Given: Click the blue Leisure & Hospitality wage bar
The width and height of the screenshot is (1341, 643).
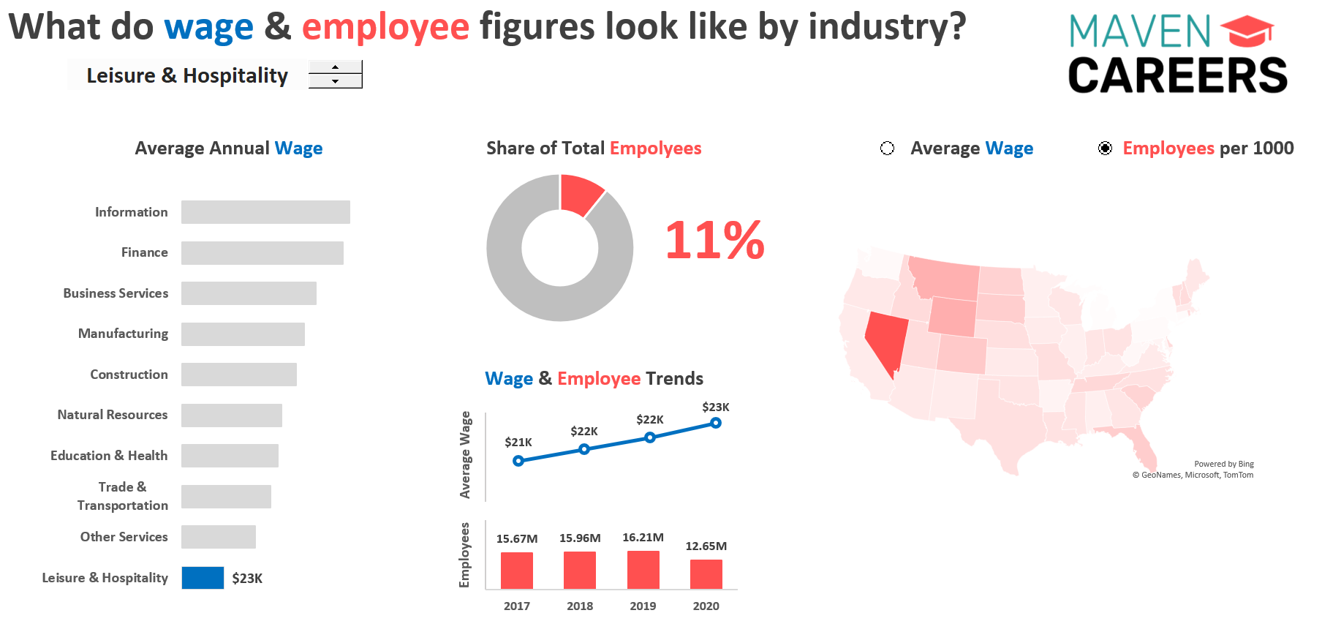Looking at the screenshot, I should tap(203, 578).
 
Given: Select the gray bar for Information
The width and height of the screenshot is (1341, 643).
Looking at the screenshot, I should tap(265, 212).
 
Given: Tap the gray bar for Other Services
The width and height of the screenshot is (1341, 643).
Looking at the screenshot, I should tap(219, 537).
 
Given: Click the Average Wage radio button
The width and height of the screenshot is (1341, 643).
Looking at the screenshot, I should tap(887, 148).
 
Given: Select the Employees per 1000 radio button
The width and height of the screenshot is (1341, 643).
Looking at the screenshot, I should tap(1105, 148).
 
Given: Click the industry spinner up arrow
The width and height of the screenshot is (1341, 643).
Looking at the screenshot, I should tap(335, 67).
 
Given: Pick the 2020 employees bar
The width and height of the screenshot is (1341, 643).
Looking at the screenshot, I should tap(706, 574).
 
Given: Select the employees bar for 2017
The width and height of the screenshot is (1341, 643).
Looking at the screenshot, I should tap(517, 571).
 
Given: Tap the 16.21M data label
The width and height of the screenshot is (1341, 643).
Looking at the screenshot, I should tap(643, 538).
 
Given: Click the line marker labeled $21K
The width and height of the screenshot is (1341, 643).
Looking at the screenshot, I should tap(518, 461).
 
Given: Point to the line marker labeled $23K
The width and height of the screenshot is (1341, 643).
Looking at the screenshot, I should tap(716, 423).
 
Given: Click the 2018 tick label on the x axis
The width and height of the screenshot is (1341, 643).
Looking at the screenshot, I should tap(580, 606).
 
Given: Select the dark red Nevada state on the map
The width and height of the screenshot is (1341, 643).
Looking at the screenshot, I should tap(885, 338).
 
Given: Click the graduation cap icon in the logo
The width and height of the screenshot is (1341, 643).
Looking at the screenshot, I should tap(1247, 32).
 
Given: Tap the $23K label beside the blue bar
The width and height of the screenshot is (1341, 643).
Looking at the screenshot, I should tap(247, 579).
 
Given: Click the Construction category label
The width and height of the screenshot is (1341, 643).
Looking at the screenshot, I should tap(129, 375).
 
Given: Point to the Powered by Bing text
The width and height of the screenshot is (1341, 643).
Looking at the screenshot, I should tap(1223, 464).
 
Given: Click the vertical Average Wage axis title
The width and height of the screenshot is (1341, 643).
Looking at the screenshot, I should tap(465, 454).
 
